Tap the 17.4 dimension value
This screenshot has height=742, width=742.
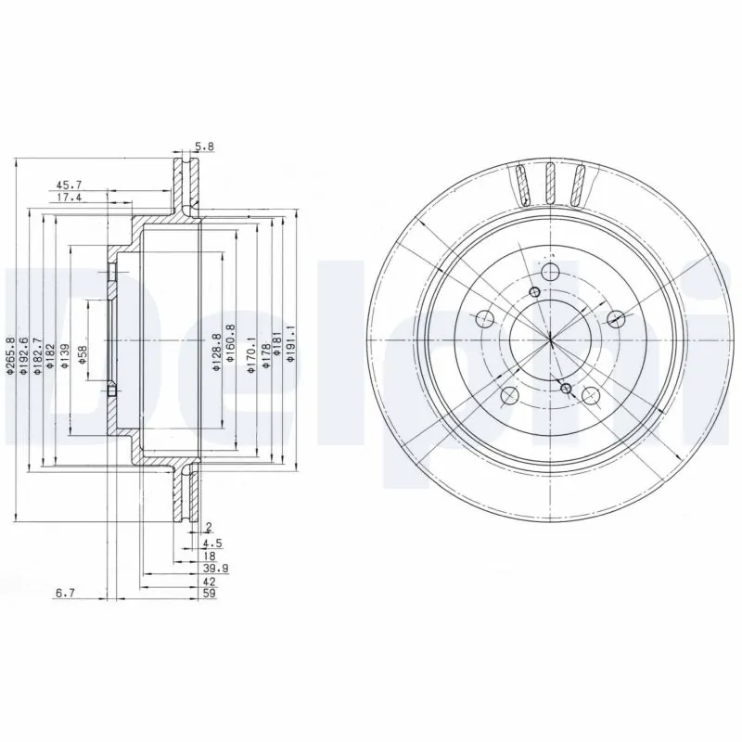(69, 198)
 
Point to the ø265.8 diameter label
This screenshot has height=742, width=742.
(9, 356)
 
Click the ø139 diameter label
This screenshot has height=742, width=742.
(64, 357)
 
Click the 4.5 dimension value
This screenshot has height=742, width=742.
(210, 543)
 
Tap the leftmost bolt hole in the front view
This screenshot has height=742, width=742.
(482, 320)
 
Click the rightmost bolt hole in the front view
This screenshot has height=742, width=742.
(615, 320)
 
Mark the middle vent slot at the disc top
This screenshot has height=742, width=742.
(549, 184)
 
